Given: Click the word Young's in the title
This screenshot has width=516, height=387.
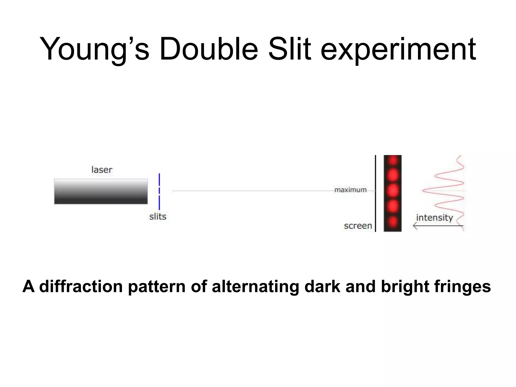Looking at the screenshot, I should tap(94, 49).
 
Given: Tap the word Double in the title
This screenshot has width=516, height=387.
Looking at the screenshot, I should tap(209, 49).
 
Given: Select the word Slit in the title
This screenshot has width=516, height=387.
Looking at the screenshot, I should tap(290, 49).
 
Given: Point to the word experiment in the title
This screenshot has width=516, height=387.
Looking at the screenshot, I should tap(398, 49).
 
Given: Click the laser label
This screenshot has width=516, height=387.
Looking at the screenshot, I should tap(102, 170).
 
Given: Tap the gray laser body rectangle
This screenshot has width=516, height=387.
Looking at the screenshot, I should tap(101, 191).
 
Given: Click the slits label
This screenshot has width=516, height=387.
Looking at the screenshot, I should tap(158, 217).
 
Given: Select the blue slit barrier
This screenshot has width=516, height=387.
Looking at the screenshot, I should tap(159, 191).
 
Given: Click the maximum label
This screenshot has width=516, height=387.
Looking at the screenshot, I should tap(350, 190).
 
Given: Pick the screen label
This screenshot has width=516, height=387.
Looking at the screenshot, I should tap(358, 226).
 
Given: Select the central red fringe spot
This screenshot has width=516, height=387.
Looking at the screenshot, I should tap(393, 191).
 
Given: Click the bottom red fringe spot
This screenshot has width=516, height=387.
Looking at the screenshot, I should tap(393, 222).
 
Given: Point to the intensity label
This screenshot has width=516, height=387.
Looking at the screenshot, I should tap(434, 218).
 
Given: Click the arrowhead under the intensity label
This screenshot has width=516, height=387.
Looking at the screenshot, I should tap(415, 226).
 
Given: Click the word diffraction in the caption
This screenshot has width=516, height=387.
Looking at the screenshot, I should tap(81, 286).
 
